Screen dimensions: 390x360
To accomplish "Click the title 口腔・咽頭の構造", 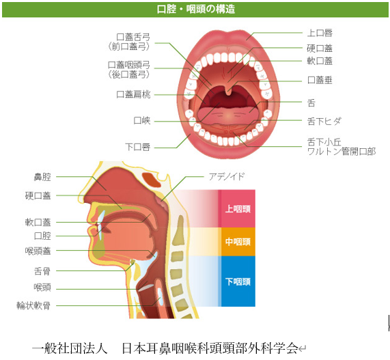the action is coord(196,9).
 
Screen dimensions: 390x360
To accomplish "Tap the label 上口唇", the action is coord(320,33).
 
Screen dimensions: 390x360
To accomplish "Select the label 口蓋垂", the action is coord(320,80).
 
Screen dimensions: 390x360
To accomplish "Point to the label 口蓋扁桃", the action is coord(134,94).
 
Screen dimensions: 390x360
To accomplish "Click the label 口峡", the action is coord(142,121).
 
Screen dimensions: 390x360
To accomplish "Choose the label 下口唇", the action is coord(138,147).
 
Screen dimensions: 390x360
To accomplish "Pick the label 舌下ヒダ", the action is coord(324,122).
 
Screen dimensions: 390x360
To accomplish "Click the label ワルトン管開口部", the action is coord(342,151).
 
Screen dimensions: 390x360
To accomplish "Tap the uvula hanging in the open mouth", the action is coord(228,91).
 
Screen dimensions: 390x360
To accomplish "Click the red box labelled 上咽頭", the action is coord(238,208).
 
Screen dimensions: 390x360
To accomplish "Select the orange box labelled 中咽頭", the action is coord(238,242).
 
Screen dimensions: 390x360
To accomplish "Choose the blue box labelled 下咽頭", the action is coord(238,281).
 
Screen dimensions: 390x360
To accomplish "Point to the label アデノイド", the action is coord(227,176).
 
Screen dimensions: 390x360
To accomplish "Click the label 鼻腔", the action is coord(42,177).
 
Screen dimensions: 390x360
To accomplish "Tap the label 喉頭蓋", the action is coord(38,251).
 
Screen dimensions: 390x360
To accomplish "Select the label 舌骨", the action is coord(42,271).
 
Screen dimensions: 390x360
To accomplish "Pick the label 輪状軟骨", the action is coord(33,305).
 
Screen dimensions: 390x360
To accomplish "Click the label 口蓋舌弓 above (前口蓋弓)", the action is coord(134,37).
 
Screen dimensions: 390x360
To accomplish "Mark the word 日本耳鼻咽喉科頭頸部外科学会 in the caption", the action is coord(210,348).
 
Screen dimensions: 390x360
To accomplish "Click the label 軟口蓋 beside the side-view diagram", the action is coord(38,222).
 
